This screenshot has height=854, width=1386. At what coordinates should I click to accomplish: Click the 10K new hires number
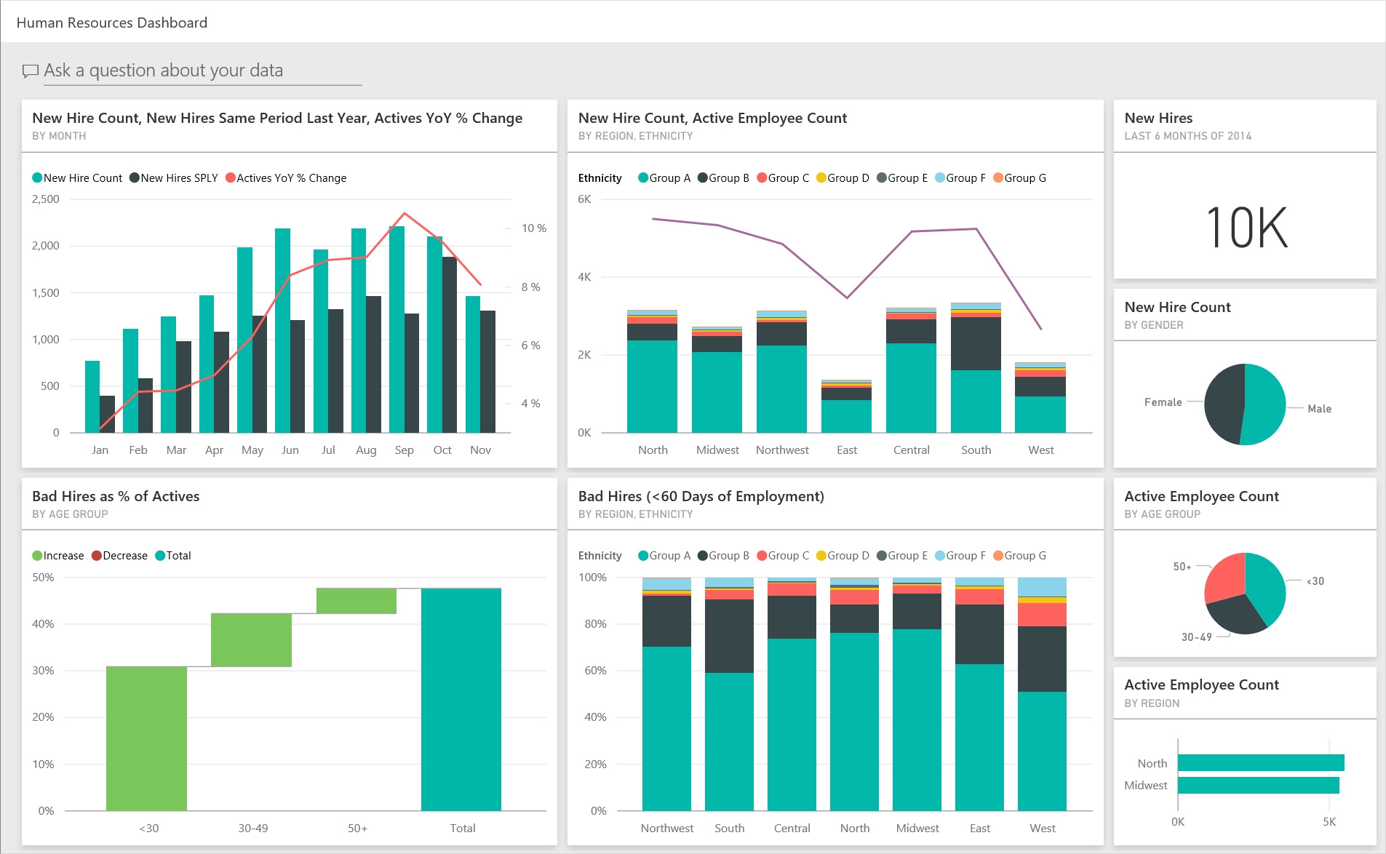point(1246,228)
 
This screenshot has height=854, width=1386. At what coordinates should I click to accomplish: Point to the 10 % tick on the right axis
point(533,228)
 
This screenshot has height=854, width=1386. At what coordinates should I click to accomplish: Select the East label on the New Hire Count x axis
point(846,450)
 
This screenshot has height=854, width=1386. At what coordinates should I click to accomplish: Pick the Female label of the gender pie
point(1163,402)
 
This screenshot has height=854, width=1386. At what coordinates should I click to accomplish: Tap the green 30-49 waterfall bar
point(251,639)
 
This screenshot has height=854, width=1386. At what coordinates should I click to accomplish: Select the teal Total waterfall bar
point(461,698)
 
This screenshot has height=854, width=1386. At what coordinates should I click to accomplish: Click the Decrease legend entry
point(119,556)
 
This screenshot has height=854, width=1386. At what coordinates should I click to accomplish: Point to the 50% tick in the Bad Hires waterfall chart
point(43,578)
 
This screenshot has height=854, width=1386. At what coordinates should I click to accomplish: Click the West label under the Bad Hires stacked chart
point(1042,829)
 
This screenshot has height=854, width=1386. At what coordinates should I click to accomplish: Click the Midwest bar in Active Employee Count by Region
point(1257,786)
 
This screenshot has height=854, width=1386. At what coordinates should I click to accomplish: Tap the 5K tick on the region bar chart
point(1329,822)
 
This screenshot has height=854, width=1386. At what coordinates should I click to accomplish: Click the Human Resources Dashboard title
point(112,23)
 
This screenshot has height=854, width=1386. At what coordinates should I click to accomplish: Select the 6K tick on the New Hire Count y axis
point(584,199)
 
